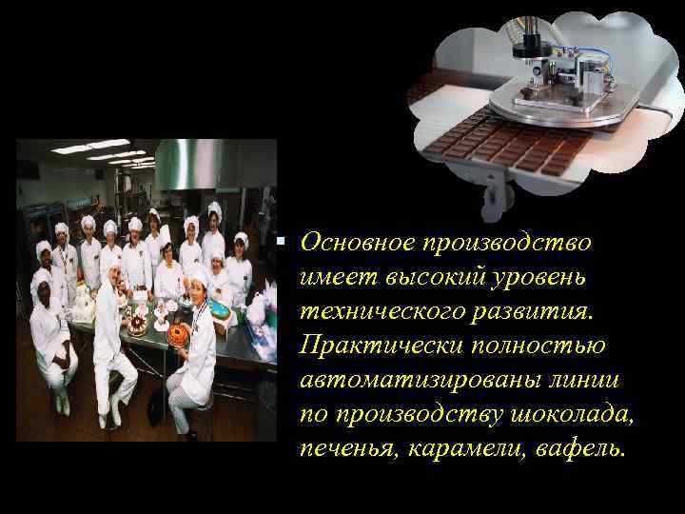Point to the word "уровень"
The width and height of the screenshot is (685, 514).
[x=545, y=277]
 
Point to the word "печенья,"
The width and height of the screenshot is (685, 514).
[x=346, y=448]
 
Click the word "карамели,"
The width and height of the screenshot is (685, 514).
[x=463, y=448]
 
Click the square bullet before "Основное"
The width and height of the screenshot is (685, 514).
[x=283, y=238]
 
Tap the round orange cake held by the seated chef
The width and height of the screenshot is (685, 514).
[x=178, y=333]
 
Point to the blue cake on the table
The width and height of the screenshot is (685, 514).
[x=222, y=310]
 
